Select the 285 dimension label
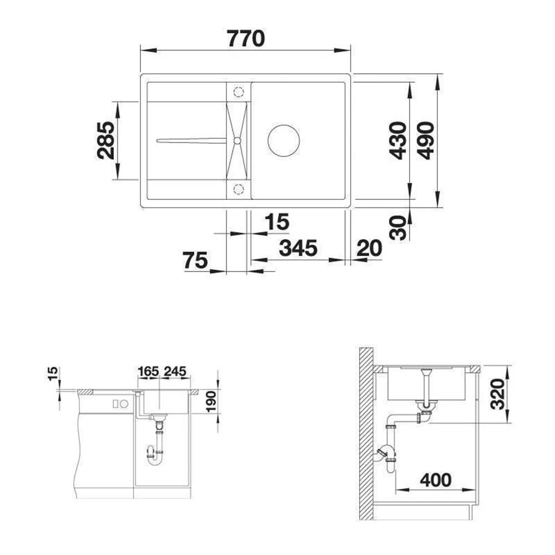pos(106,140)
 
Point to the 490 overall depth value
pos(426,141)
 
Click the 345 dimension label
pos(298,249)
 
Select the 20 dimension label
pos(370,248)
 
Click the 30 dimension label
pos(397,228)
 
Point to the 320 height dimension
pos(498,393)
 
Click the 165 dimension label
pos(148,371)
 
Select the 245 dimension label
pos(174,371)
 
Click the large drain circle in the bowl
pos(284,140)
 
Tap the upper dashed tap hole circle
pos(238,92)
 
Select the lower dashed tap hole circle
pos(238,189)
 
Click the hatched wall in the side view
pos(366,433)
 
